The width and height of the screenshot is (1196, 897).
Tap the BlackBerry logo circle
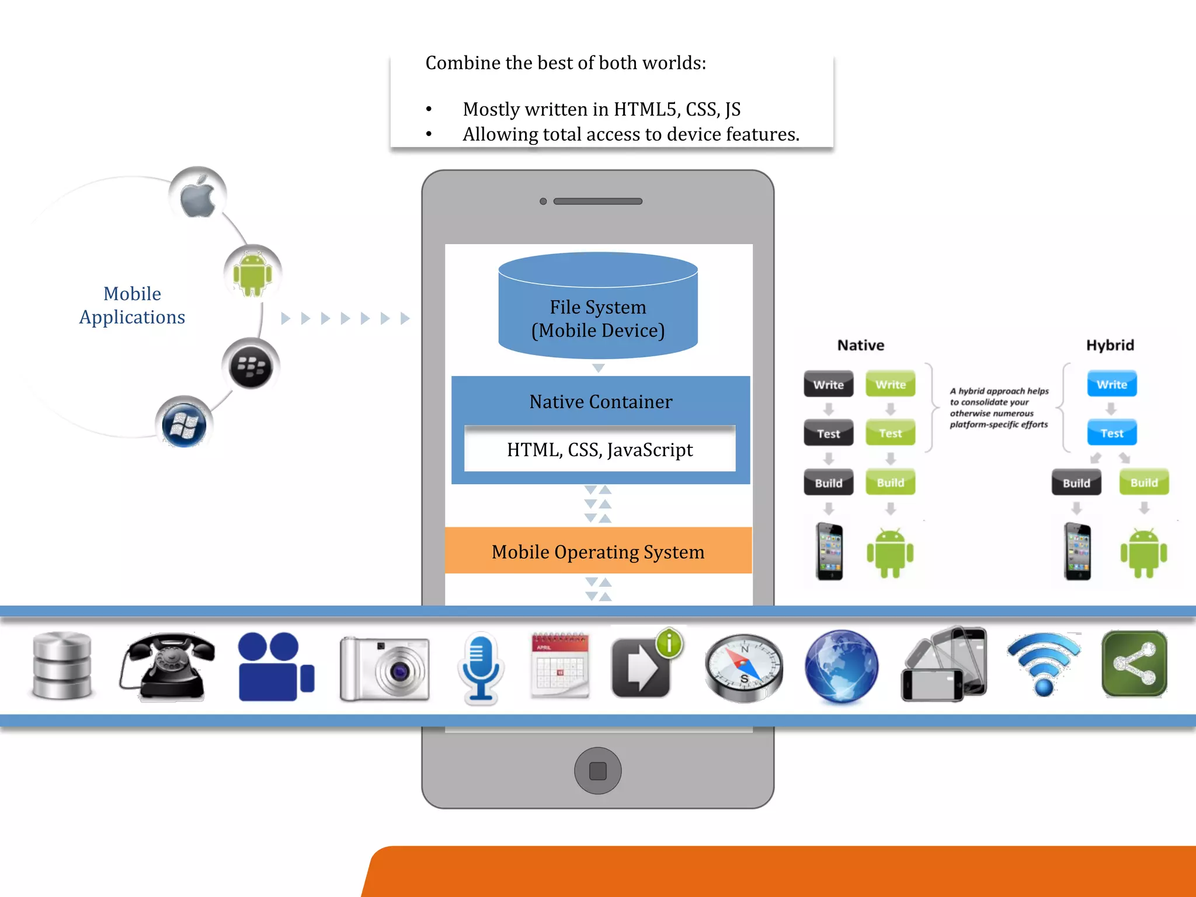click(x=251, y=367)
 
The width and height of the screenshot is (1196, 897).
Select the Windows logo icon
click(x=183, y=425)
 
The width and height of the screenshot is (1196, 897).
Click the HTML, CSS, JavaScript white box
click(x=600, y=449)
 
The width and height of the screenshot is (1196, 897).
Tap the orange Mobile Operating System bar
click(x=598, y=551)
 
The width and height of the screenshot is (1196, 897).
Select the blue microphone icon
click(x=480, y=667)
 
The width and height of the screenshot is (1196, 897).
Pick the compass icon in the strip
click(x=743, y=667)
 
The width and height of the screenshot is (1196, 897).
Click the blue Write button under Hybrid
click(x=1112, y=384)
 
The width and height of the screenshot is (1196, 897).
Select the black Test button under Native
click(x=828, y=433)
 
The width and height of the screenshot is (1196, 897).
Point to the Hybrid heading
click(x=1110, y=345)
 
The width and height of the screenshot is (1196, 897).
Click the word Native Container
click(x=600, y=402)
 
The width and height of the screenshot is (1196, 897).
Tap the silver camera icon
click(x=384, y=668)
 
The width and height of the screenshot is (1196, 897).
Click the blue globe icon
click(x=841, y=666)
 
